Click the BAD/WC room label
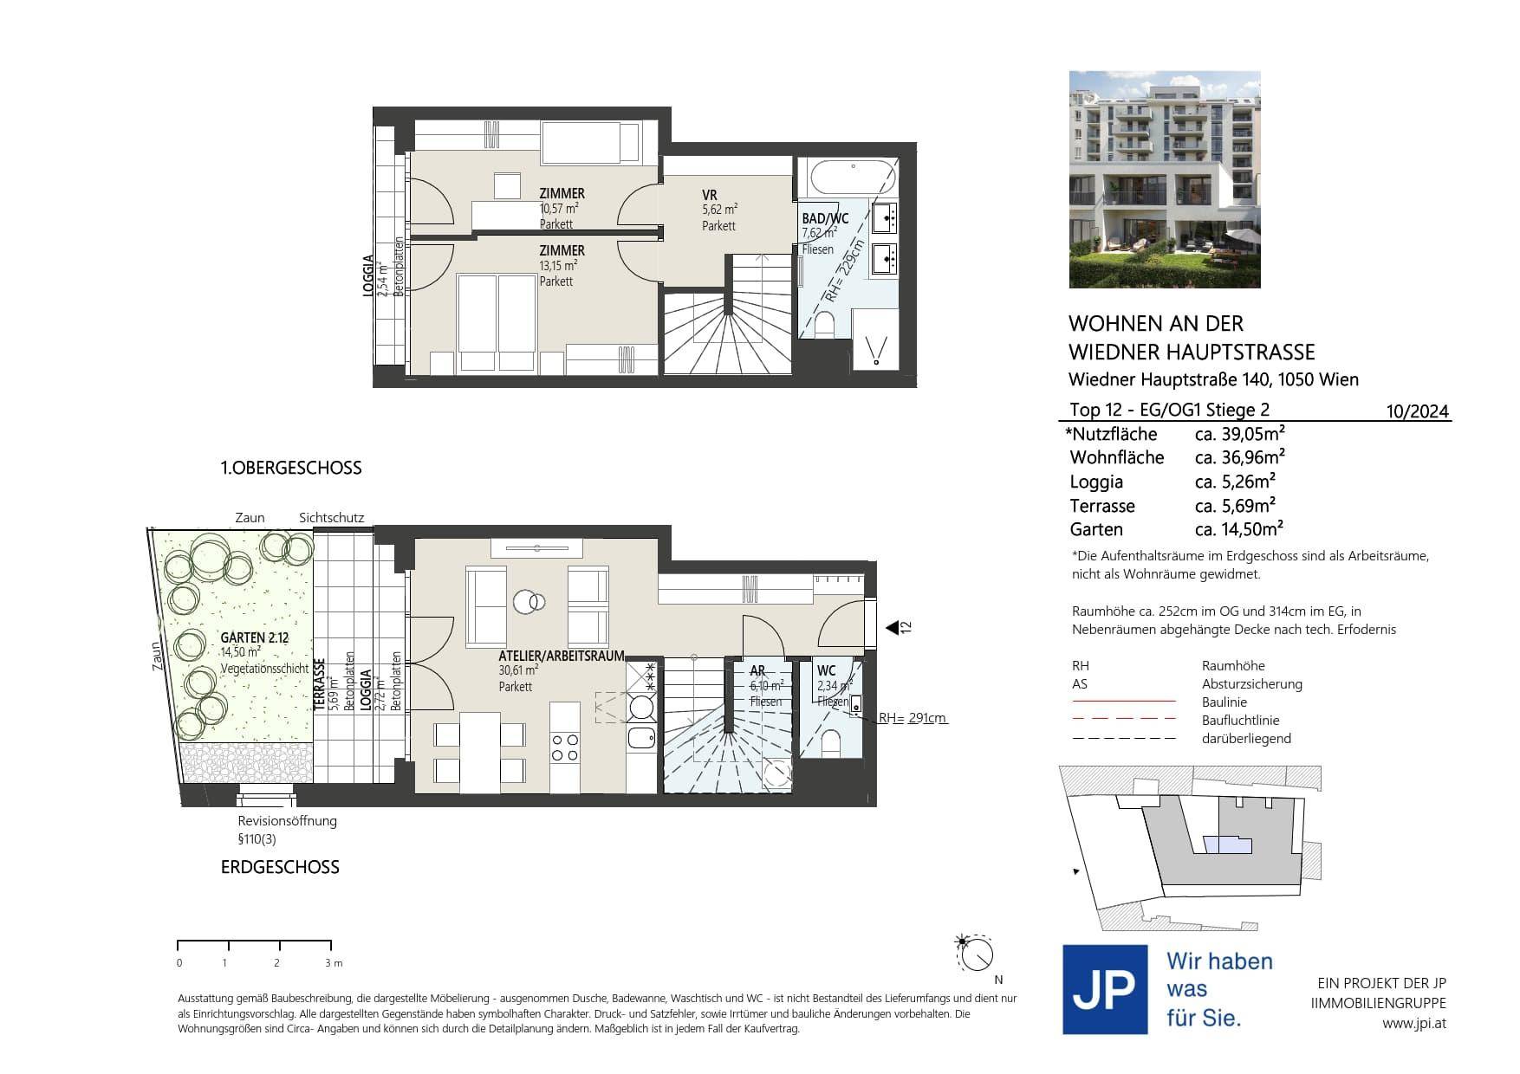pyautogui.click(x=825, y=219)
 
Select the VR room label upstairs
pyautogui.click(x=710, y=196)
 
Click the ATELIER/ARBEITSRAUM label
pyautogui.click(x=562, y=657)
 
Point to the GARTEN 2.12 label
pyautogui.click(x=255, y=637)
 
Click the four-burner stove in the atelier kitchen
pyautogui.click(x=565, y=747)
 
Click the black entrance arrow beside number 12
pyautogui.click(x=892, y=627)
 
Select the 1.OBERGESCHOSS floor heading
pyautogui.click(x=291, y=468)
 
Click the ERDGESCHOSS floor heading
pyautogui.click(x=280, y=867)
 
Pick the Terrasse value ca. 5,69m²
pyautogui.click(x=1235, y=506)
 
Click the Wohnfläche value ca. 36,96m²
pyautogui.click(x=1240, y=456)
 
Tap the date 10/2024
pyautogui.click(x=1418, y=411)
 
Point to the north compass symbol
pyautogui.click(x=977, y=955)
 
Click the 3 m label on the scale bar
pyautogui.click(x=334, y=963)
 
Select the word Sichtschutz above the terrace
pyautogui.click(x=331, y=518)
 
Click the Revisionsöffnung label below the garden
pyautogui.click(x=288, y=821)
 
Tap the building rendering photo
pyautogui.click(x=1165, y=179)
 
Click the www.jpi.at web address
pyautogui.click(x=1414, y=1023)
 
